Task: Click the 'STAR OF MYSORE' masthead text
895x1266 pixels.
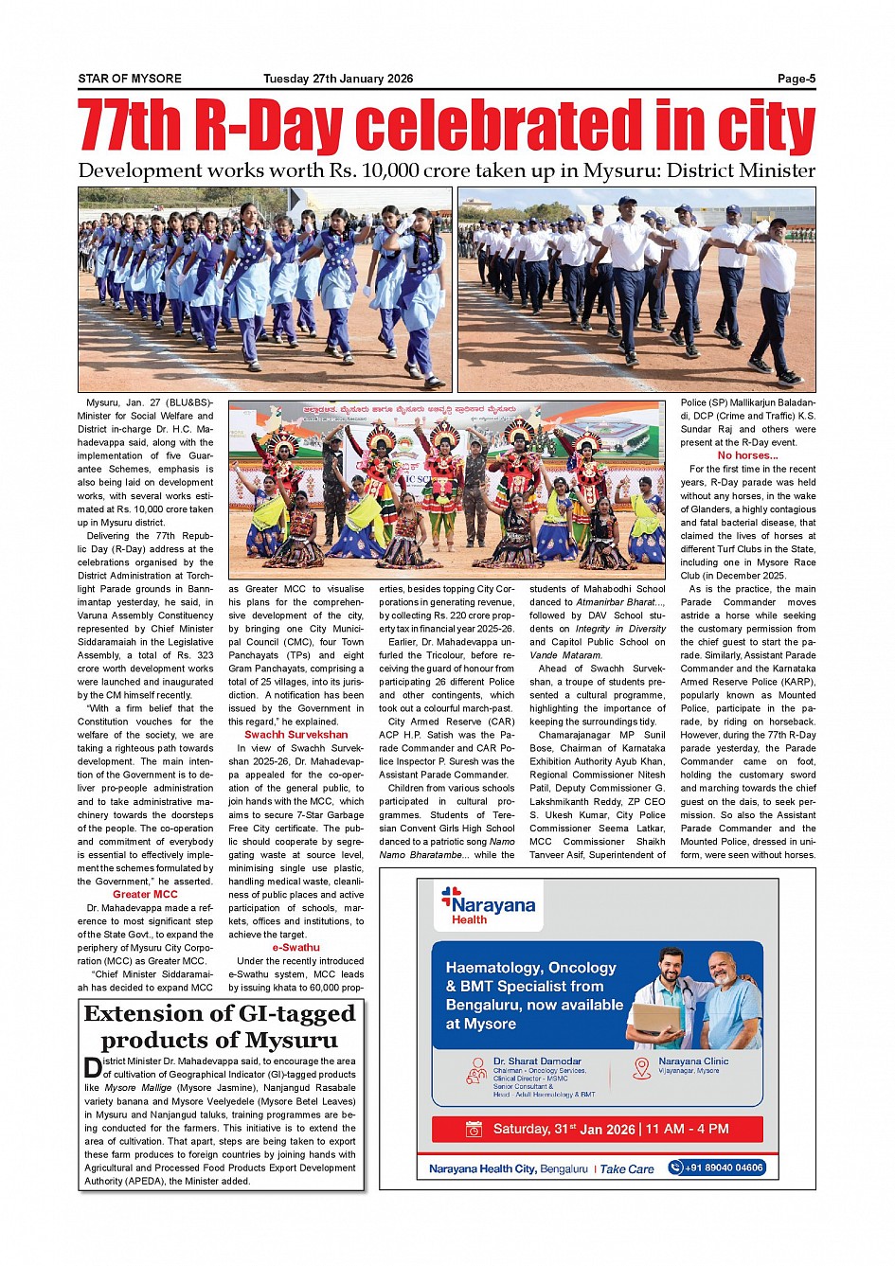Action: coord(130,79)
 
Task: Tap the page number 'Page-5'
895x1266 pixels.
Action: coord(797,79)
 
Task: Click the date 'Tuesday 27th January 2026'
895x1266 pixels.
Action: coord(338,79)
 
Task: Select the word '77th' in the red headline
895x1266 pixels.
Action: coord(131,127)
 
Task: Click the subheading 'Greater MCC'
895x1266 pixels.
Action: coord(145,894)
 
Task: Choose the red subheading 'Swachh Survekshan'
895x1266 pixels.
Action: coord(295,735)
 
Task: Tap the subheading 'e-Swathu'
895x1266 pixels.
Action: coord(295,947)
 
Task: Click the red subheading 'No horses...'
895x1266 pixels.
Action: coord(747,455)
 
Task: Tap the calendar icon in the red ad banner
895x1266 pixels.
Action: coord(474,1130)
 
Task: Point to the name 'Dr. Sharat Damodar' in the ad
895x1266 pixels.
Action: coord(537,1061)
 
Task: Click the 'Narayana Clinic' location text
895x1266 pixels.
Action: coord(693,1061)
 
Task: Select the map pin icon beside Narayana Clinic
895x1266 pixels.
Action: coord(642,1068)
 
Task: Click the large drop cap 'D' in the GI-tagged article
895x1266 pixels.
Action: coord(92,1068)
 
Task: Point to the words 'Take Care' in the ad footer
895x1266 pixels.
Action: coord(627,1168)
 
